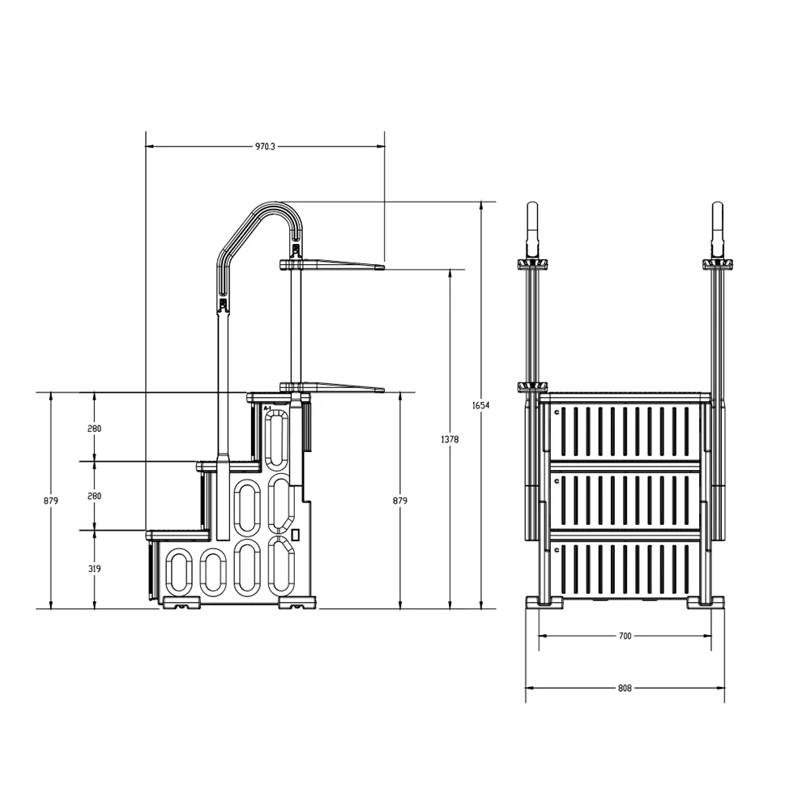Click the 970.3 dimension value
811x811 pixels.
point(265,147)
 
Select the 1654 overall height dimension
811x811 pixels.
point(484,405)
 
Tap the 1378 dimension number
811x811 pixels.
point(451,439)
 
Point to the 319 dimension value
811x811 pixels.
point(95,569)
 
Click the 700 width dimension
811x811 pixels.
point(625,637)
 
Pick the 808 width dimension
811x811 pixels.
point(625,689)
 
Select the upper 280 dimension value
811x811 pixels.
point(95,428)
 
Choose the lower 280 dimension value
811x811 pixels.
point(95,496)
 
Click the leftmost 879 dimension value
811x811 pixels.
point(51,502)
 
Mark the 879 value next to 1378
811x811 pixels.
point(400,502)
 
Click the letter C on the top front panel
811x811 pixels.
point(557,412)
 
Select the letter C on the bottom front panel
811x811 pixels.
point(557,549)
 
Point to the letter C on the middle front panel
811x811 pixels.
point(557,480)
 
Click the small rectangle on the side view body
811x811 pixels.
point(297,535)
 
